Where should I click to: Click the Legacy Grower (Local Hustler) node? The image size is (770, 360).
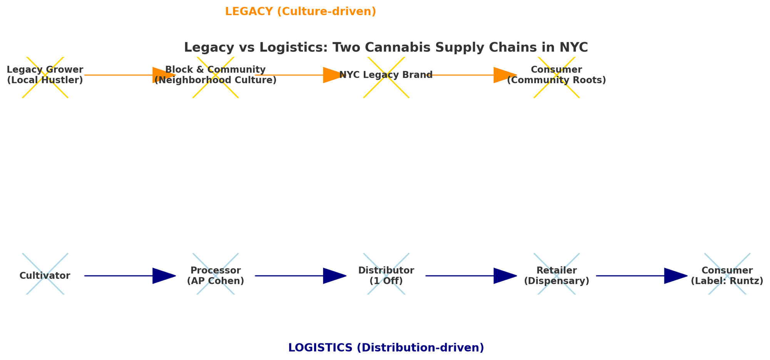[x=45, y=75]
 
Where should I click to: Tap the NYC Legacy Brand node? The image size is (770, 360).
[x=386, y=75]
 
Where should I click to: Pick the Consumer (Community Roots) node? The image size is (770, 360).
[x=556, y=75]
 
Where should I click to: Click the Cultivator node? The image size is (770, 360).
[x=45, y=276]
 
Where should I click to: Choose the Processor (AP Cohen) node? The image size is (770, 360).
[x=215, y=276]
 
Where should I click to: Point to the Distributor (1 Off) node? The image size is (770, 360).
[x=386, y=276]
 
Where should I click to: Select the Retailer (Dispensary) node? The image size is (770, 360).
[x=556, y=276]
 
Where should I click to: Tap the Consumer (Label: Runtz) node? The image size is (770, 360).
[x=727, y=276]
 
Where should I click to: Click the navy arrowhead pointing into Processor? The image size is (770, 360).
[x=164, y=276]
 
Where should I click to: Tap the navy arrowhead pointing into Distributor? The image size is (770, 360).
[x=334, y=276]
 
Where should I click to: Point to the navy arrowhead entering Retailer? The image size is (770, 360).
[x=504, y=276]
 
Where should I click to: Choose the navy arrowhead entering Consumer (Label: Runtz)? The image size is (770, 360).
[x=675, y=276]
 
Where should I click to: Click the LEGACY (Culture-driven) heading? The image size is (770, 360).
[x=300, y=12]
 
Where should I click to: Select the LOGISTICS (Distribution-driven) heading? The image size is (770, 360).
[x=386, y=348]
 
